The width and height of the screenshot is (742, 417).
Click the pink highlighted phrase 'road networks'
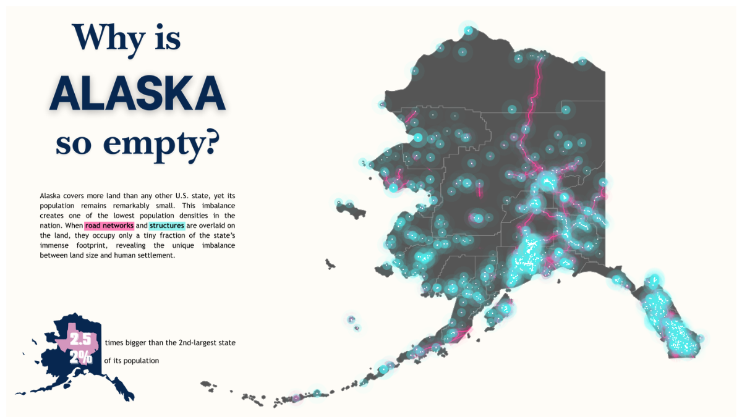(x=109, y=225)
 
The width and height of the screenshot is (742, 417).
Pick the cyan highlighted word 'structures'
(x=166, y=225)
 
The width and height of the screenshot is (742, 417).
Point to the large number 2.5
(x=80, y=340)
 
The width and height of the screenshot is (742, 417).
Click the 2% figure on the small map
(x=80, y=358)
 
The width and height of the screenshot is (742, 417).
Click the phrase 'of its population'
(x=132, y=361)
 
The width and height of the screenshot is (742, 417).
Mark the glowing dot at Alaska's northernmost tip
(x=469, y=30)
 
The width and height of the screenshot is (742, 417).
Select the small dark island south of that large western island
(x=330, y=264)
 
